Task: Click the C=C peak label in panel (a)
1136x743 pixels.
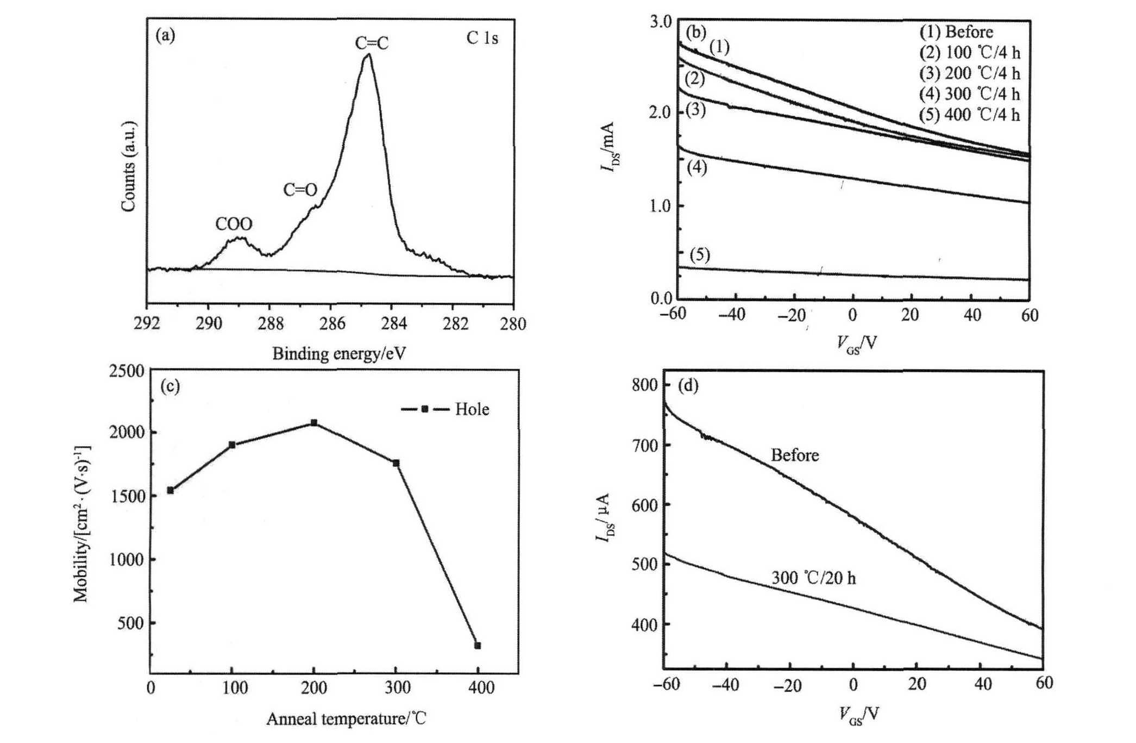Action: pos(372,43)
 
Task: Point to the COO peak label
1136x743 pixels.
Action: pos(234,224)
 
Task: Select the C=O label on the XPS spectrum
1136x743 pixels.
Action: pos(300,190)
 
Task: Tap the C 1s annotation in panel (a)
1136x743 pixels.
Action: pos(482,38)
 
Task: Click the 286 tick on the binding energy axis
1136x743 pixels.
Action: pos(332,324)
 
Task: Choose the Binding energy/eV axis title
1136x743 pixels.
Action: pos(339,354)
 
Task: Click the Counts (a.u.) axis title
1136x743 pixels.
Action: pos(129,166)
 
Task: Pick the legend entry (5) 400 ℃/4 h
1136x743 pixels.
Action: pos(969,115)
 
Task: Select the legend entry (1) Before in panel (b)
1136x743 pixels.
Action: pos(956,32)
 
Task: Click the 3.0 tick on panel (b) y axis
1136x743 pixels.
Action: pos(661,21)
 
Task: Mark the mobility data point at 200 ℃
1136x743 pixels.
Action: pos(314,422)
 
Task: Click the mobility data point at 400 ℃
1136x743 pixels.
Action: pos(478,646)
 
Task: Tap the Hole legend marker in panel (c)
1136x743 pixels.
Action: pos(425,409)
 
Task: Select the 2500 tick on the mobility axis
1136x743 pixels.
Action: pos(127,371)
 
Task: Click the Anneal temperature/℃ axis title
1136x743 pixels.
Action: pos(346,719)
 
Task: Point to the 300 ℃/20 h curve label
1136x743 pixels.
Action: pos(813,578)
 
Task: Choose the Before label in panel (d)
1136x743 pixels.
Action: pos(794,455)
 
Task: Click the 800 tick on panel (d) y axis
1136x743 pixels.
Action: pos(645,385)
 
